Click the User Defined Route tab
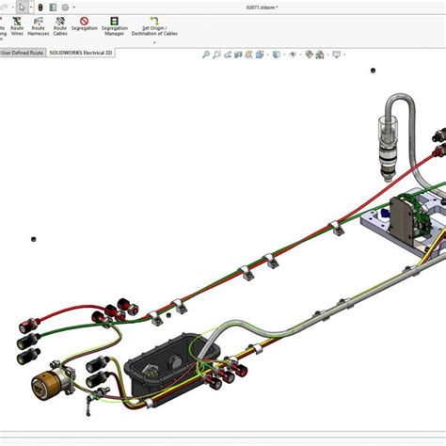[x=21, y=54]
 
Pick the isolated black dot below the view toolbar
[x=374, y=71]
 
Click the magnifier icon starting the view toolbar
[x=205, y=55]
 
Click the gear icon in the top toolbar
[x=65, y=7]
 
